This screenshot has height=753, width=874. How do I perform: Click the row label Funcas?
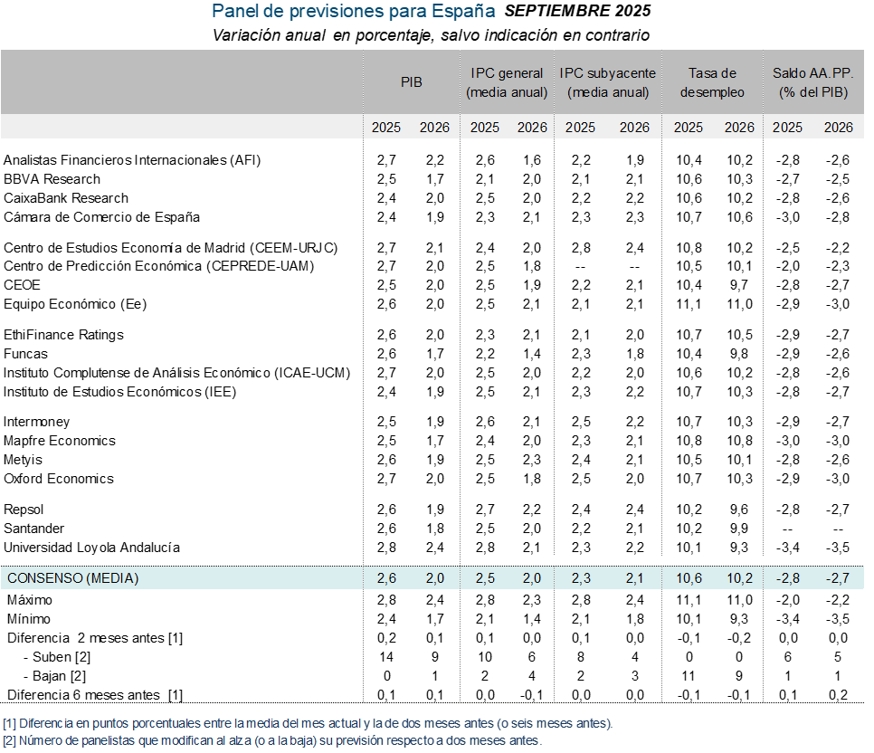coord(26,354)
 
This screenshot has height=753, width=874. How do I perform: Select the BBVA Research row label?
coord(52,179)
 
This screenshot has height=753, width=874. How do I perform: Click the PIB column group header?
coord(411,81)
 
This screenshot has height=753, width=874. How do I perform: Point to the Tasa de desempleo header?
coord(713,81)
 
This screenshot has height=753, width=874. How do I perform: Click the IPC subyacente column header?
coord(608,81)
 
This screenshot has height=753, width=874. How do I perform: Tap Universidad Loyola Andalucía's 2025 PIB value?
coord(386,548)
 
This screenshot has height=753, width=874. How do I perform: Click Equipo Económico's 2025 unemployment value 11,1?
coord(689,304)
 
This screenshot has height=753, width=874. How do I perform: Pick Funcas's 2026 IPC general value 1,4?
coord(531,354)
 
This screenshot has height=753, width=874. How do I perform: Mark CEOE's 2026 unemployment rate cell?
coord(739,285)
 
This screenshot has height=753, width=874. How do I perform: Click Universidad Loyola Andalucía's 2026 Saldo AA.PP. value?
coord(839,548)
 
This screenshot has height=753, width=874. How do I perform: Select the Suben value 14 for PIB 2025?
coord(386,656)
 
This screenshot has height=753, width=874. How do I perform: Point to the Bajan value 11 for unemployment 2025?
coord(689,675)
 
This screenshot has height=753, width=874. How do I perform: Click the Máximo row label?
coord(30,600)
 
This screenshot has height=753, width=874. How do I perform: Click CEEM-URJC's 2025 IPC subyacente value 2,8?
coord(580,247)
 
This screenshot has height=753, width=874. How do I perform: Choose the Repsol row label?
coord(24,510)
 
